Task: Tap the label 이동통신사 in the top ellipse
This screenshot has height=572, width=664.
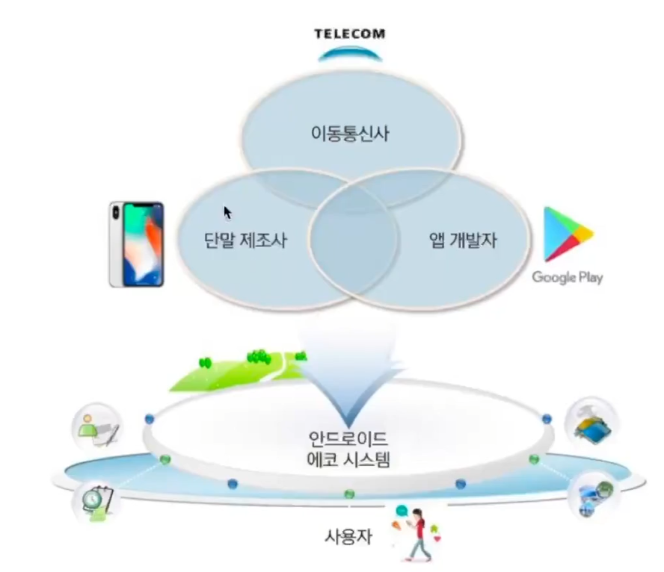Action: click(x=349, y=134)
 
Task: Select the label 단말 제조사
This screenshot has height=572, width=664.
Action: click(x=245, y=240)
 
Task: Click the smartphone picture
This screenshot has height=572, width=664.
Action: click(x=136, y=243)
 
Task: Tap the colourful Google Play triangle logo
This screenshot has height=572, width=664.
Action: click(x=566, y=234)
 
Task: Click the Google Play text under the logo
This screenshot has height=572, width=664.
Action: click(x=567, y=278)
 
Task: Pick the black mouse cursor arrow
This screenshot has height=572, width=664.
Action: click(x=227, y=213)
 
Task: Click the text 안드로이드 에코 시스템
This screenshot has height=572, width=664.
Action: click(x=349, y=449)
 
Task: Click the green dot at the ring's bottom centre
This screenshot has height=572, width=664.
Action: click(x=348, y=494)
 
